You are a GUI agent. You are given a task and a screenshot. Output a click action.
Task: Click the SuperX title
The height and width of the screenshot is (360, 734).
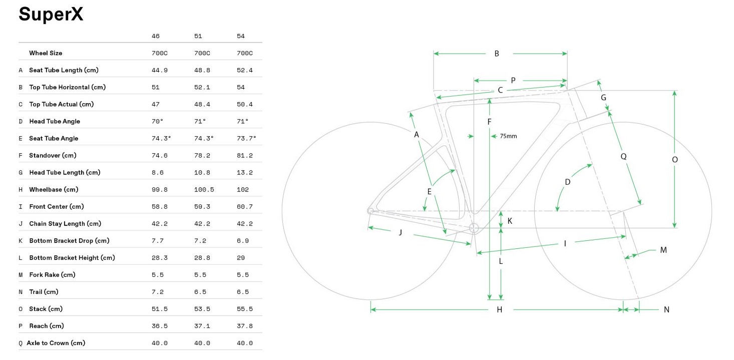click(51, 15)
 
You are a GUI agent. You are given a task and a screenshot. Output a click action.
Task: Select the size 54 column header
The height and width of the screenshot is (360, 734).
click(241, 37)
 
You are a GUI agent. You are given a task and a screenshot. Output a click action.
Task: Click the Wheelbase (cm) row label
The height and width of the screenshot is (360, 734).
click(54, 189)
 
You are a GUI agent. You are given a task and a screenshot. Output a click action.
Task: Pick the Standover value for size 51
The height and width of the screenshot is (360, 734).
click(202, 155)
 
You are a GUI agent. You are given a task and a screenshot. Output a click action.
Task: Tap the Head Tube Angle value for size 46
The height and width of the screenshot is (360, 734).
click(158, 121)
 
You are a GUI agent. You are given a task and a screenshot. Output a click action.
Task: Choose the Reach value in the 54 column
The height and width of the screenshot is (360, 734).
click(244, 326)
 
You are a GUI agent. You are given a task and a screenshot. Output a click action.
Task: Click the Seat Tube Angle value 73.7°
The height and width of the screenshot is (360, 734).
click(246, 138)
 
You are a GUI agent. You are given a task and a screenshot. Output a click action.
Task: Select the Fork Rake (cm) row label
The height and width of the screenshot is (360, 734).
click(52, 275)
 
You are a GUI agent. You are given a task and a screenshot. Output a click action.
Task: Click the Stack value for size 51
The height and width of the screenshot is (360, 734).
click(202, 309)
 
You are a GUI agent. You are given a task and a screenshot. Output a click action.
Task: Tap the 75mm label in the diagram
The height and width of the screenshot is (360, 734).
click(508, 136)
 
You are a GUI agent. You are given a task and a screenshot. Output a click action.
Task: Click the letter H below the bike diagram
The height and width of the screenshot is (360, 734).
click(499, 310)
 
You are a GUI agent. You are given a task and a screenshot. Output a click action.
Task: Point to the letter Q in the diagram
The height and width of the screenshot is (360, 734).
click(623, 156)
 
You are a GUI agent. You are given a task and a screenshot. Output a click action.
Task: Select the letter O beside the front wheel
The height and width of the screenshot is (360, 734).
click(674, 160)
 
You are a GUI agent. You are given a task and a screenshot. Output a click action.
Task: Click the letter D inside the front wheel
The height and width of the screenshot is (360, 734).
click(567, 182)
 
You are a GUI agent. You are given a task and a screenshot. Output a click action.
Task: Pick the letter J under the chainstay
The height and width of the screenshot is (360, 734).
click(400, 232)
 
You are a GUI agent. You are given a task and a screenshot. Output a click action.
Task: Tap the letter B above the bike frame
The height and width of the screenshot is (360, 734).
click(497, 54)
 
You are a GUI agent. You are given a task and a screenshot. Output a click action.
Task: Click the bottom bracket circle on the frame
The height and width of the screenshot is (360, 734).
click(474, 228)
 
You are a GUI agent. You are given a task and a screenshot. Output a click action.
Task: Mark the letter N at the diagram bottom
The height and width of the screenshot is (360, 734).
click(666, 310)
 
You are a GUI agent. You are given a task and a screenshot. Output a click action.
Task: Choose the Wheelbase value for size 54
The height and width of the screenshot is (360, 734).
click(242, 190)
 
